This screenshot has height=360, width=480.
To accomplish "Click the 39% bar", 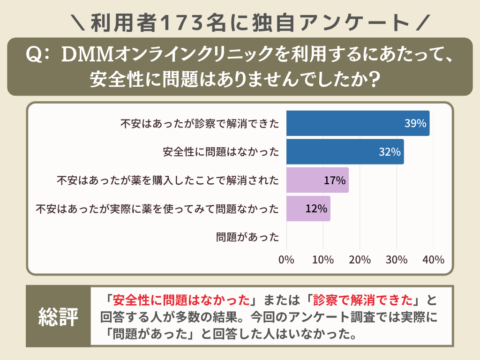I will [358, 124].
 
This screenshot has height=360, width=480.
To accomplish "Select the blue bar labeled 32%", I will [345, 152].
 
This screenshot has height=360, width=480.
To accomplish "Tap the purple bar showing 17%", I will [317, 180].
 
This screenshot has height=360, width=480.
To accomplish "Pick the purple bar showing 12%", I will [308, 209].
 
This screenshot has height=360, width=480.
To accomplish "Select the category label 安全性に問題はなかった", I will [221, 152].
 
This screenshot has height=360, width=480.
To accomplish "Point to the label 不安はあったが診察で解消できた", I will [200, 124].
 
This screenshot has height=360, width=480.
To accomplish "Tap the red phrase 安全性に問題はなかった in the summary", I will [181, 299].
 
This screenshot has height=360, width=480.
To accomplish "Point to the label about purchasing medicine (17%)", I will [168, 180].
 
